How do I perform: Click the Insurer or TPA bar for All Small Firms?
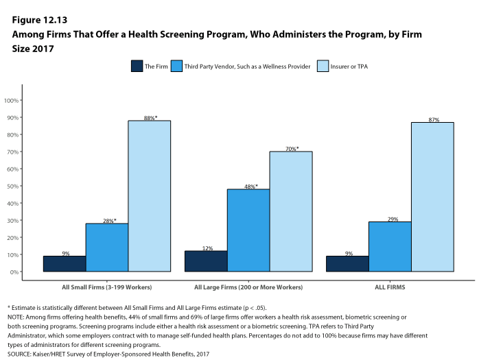tap(149, 196)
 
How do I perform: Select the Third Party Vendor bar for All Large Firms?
tap(248, 230)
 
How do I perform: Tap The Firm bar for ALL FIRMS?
tap(347, 264)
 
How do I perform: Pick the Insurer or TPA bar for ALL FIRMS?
tap(432, 197)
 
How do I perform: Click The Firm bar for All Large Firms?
tap(205, 261)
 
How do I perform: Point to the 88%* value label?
tap(150, 118)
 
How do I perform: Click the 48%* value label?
tap(248, 187)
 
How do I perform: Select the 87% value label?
tap(433, 120)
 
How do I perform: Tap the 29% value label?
tap(390, 219)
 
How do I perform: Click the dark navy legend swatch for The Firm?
tap(137, 67)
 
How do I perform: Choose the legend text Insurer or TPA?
tap(353, 67)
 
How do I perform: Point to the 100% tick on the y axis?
tap(11, 101)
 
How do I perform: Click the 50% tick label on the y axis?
tap(12, 187)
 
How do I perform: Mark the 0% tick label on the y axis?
tap(14, 272)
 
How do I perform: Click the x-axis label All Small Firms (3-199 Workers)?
tap(106, 287)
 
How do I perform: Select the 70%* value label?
tap(291, 149)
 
